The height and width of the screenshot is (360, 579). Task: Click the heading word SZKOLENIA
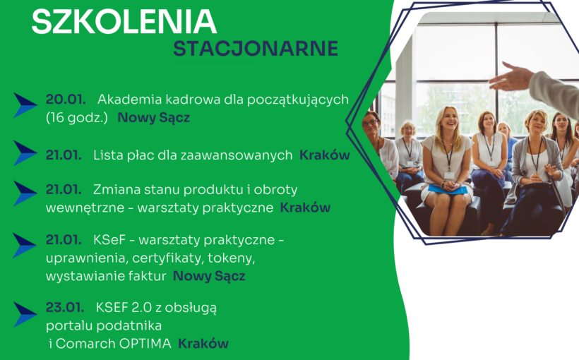click(124, 21)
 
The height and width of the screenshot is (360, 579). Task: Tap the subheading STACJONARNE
click(256, 48)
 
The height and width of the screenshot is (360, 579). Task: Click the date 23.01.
click(64, 307)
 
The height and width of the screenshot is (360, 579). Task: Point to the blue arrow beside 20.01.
click(25, 105)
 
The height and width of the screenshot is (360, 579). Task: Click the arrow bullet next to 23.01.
click(25, 314)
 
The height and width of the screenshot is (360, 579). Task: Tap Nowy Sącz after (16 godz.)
click(153, 117)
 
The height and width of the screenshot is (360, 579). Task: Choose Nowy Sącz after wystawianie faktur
click(209, 276)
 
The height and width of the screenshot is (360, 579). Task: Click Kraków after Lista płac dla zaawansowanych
click(324, 155)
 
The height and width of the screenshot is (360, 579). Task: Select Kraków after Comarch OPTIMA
click(203, 344)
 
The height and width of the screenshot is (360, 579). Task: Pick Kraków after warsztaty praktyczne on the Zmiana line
click(305, 208)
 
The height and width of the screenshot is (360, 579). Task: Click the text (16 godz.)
click(76, 117)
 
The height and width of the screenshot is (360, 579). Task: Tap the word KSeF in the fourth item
click(112, 240)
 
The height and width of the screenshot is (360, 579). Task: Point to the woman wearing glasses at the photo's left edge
click(372, 127)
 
